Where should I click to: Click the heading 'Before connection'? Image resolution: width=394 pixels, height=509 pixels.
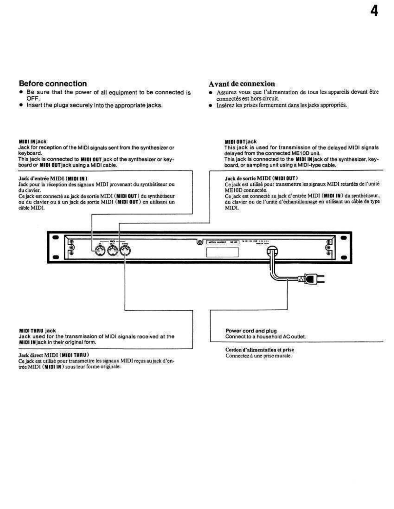(x=53, y=84)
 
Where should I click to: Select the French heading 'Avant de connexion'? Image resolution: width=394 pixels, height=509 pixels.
(x=241, y=84)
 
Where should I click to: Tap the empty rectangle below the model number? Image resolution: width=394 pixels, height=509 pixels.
(x=222, y=252)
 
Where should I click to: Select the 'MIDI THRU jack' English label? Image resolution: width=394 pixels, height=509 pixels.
(x=37, y=331)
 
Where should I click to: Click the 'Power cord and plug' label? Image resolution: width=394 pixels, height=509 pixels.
(x=251, y=331)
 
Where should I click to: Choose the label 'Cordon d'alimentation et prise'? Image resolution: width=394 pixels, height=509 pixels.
(x=259, y=350)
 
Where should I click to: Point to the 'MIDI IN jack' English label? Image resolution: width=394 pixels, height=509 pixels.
(x=33, y=141)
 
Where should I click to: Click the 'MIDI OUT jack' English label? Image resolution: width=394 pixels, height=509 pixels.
(x=240, y=141)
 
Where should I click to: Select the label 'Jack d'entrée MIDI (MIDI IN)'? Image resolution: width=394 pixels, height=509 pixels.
(x=53, y=178)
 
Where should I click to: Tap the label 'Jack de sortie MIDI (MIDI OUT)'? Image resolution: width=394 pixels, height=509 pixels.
(x=261, y=178)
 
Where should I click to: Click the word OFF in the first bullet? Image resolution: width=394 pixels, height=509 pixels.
(x=33, y=98)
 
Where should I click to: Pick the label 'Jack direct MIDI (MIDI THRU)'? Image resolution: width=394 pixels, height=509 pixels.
(x=53, y=355)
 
